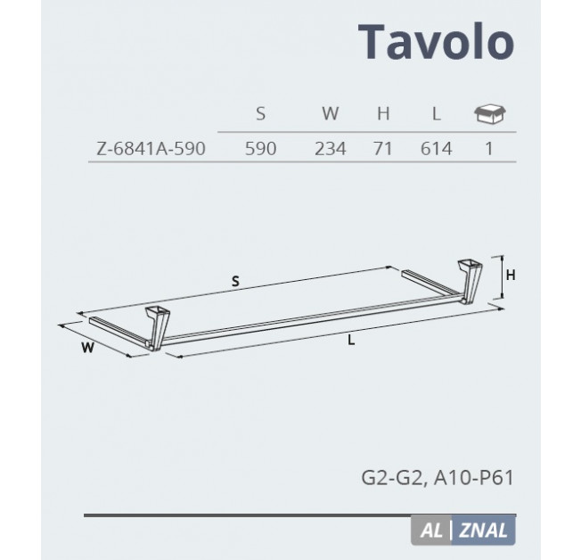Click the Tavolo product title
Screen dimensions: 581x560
[436, 41]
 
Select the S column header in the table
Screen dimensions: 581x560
[260, 113]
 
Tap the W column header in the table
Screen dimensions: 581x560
[330, 113]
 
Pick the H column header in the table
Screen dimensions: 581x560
[383, 113]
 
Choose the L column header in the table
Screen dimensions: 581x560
[437, 113]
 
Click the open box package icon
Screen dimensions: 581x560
[490, 113]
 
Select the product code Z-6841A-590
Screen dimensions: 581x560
[151, 149]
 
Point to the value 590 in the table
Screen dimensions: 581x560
[260, 149]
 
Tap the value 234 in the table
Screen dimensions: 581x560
[330, 149]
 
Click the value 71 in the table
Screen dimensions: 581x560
[383, 149]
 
